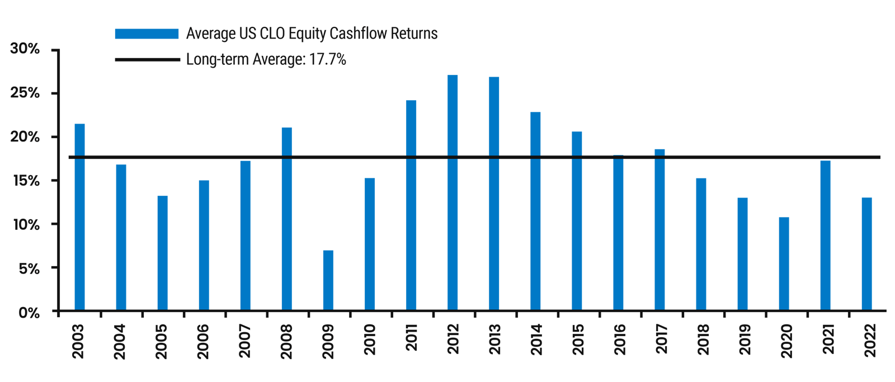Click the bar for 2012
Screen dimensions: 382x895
point(453,193)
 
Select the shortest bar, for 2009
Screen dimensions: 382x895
point(329,280)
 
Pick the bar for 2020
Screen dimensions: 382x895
point(784,263)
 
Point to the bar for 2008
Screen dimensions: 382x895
point(287,218)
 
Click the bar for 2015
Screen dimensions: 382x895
point(577,221)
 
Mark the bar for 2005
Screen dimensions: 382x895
point(163,253)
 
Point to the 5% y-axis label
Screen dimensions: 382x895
point(27,268)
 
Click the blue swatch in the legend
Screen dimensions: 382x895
point(147,34)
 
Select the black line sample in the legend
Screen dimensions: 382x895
point(147,59)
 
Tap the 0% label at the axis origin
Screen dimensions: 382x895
point(29,313)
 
